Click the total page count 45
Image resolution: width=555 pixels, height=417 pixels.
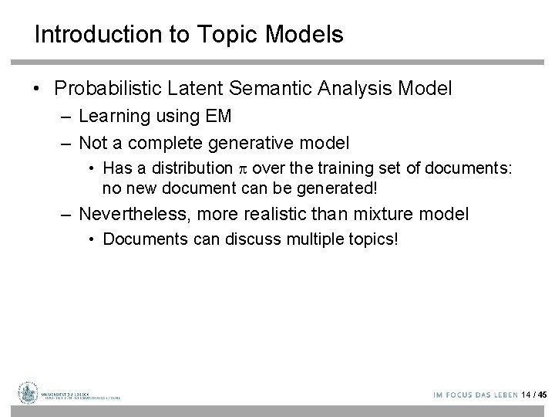(542, 394)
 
